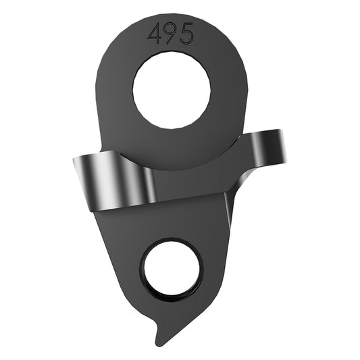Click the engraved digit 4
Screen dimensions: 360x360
[155, 34]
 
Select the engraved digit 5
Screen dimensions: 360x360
[186, 34]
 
